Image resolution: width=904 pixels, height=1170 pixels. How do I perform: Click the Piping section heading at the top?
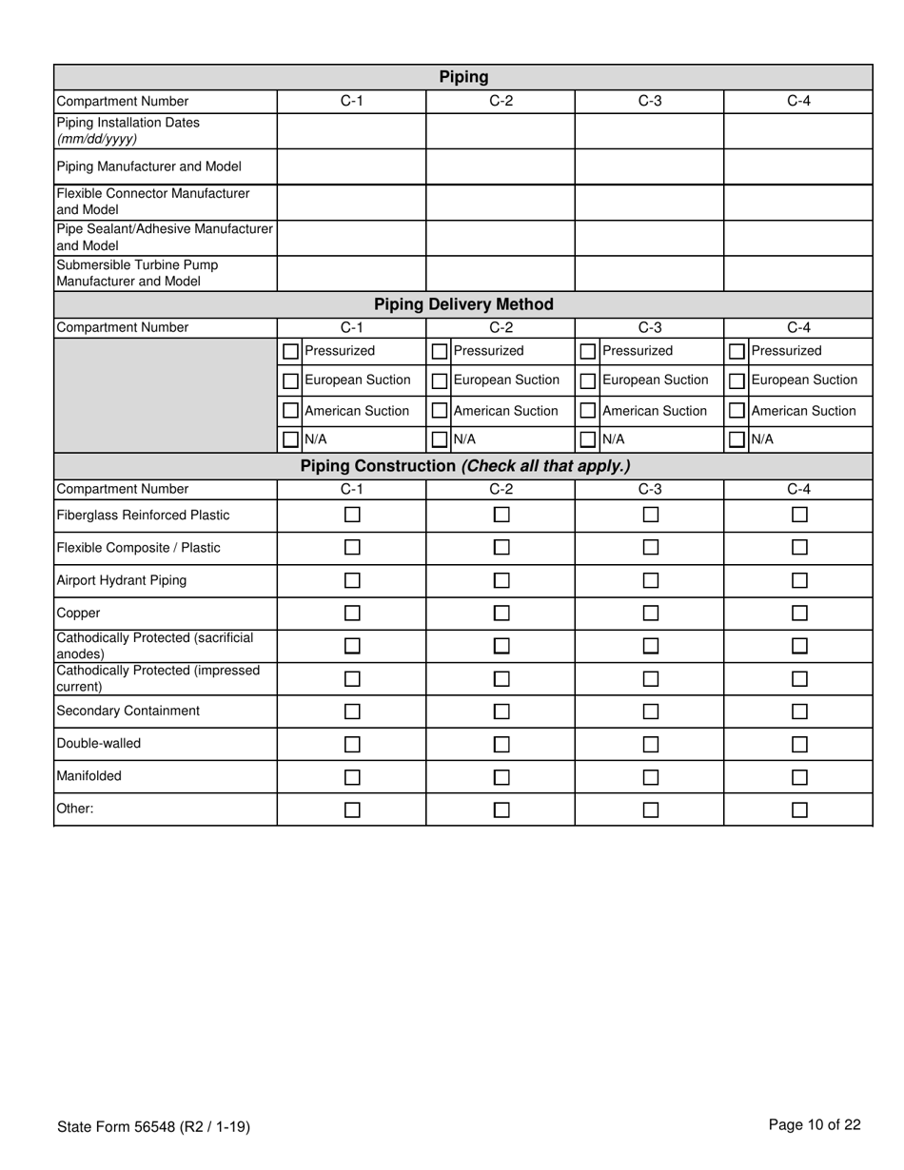coord(463,77)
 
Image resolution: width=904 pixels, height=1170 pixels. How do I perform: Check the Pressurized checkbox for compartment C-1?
coord(291,351)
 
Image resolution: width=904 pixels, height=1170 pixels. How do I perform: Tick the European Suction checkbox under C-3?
coord(588,380)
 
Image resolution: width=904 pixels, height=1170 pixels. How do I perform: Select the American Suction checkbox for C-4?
coord(737,411)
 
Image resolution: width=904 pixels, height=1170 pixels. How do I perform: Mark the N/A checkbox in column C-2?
coord(440,439)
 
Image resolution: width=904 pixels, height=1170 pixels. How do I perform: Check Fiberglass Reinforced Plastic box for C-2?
coord(501,515)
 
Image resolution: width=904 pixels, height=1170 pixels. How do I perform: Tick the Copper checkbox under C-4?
coord(799,613)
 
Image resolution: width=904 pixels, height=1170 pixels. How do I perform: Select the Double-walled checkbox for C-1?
coord(352,744)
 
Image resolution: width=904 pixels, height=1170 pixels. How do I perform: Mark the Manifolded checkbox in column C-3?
coord(651,777)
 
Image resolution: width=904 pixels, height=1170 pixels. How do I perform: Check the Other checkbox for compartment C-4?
coord(799,809)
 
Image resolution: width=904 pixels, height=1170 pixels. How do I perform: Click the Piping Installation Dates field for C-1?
coord(351,131)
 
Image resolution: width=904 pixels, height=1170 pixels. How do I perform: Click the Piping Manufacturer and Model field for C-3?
coord(649,166)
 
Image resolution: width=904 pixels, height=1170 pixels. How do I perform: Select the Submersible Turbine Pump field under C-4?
coord(797,273)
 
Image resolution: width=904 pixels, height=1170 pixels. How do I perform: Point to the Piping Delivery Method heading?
coord(463,304)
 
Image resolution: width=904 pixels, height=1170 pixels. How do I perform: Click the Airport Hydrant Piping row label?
coord(122,580)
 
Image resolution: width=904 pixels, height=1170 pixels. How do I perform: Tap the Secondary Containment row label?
coord(128,711)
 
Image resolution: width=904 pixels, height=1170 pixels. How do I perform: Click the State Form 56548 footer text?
coord(153,1127)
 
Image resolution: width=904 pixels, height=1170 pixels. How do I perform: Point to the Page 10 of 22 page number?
coord(815,1125)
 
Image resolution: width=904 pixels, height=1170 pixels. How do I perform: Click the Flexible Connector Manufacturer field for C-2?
coord(501,202)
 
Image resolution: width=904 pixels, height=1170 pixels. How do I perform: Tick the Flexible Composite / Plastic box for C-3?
coord(651,547)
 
